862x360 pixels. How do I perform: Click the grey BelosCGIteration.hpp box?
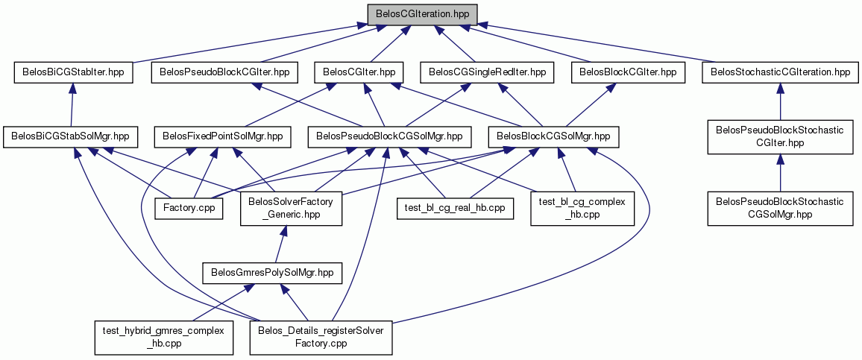pyautogui.click(x=422, y=13)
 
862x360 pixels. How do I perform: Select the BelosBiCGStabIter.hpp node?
pyautogui.click(x=74, y=72)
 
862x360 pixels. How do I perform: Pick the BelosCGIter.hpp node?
pyautogui.click(x=359, y=72)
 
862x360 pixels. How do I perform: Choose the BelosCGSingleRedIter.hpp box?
pyautogui.click(x=487, y=72)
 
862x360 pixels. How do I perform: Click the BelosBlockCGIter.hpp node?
pyautogui.click(x=629, y=72)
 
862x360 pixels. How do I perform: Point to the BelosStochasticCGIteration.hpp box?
pyautogui.click(x=780, y=72)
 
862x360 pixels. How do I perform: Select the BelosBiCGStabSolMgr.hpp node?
pyautogui.click(x=70, y=137)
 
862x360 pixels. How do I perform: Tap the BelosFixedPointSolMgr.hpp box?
pyautogui.click(x=222, y=137)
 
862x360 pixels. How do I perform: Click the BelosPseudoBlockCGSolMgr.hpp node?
pyautogui.click(x=390, y=137)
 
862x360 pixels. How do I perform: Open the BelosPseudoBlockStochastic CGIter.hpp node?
pyautogui.click(x=781, y=137)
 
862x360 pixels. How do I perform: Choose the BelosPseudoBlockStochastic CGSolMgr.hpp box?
pyautogui.click(x=781, y=208)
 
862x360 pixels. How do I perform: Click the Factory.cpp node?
pyautogui.click(x=189, y=208)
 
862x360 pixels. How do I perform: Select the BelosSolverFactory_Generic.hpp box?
pyautogui.click(x=291, y=209)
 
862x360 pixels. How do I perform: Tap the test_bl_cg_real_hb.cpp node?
pyautogui.click(x=455, y=208)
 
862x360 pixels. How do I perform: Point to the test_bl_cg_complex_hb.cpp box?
pyautogui.click(x=582, y=208)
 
